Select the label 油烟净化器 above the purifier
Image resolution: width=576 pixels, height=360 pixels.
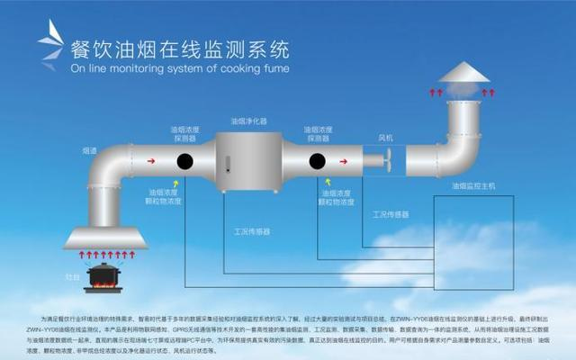[248, 120]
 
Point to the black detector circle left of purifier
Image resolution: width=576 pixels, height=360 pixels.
[185, 162]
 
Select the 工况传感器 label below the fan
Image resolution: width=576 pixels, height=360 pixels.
[390, 215]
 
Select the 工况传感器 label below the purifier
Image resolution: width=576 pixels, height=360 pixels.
[251, 231]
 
